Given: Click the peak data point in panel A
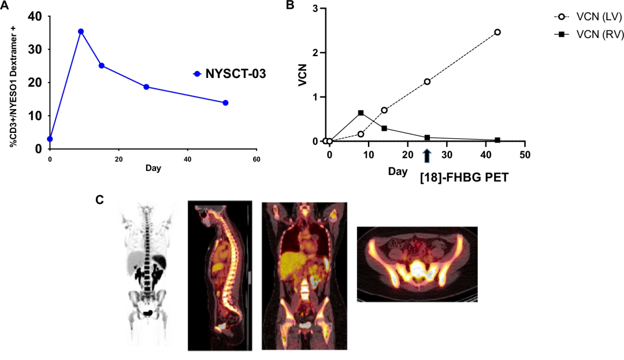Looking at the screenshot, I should click(81, 31).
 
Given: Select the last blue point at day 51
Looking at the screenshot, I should click(225, 103).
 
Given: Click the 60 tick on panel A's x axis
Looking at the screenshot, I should click(257, 158).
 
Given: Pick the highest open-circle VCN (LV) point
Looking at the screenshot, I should click(497, 32).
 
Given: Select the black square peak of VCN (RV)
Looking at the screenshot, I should click(361, 113).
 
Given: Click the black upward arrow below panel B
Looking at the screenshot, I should click(427, 155).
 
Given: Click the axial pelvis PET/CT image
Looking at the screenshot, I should click(417, 264).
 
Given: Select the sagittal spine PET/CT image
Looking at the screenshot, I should click(220, 275).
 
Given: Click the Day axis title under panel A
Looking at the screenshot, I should click(153, 169).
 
